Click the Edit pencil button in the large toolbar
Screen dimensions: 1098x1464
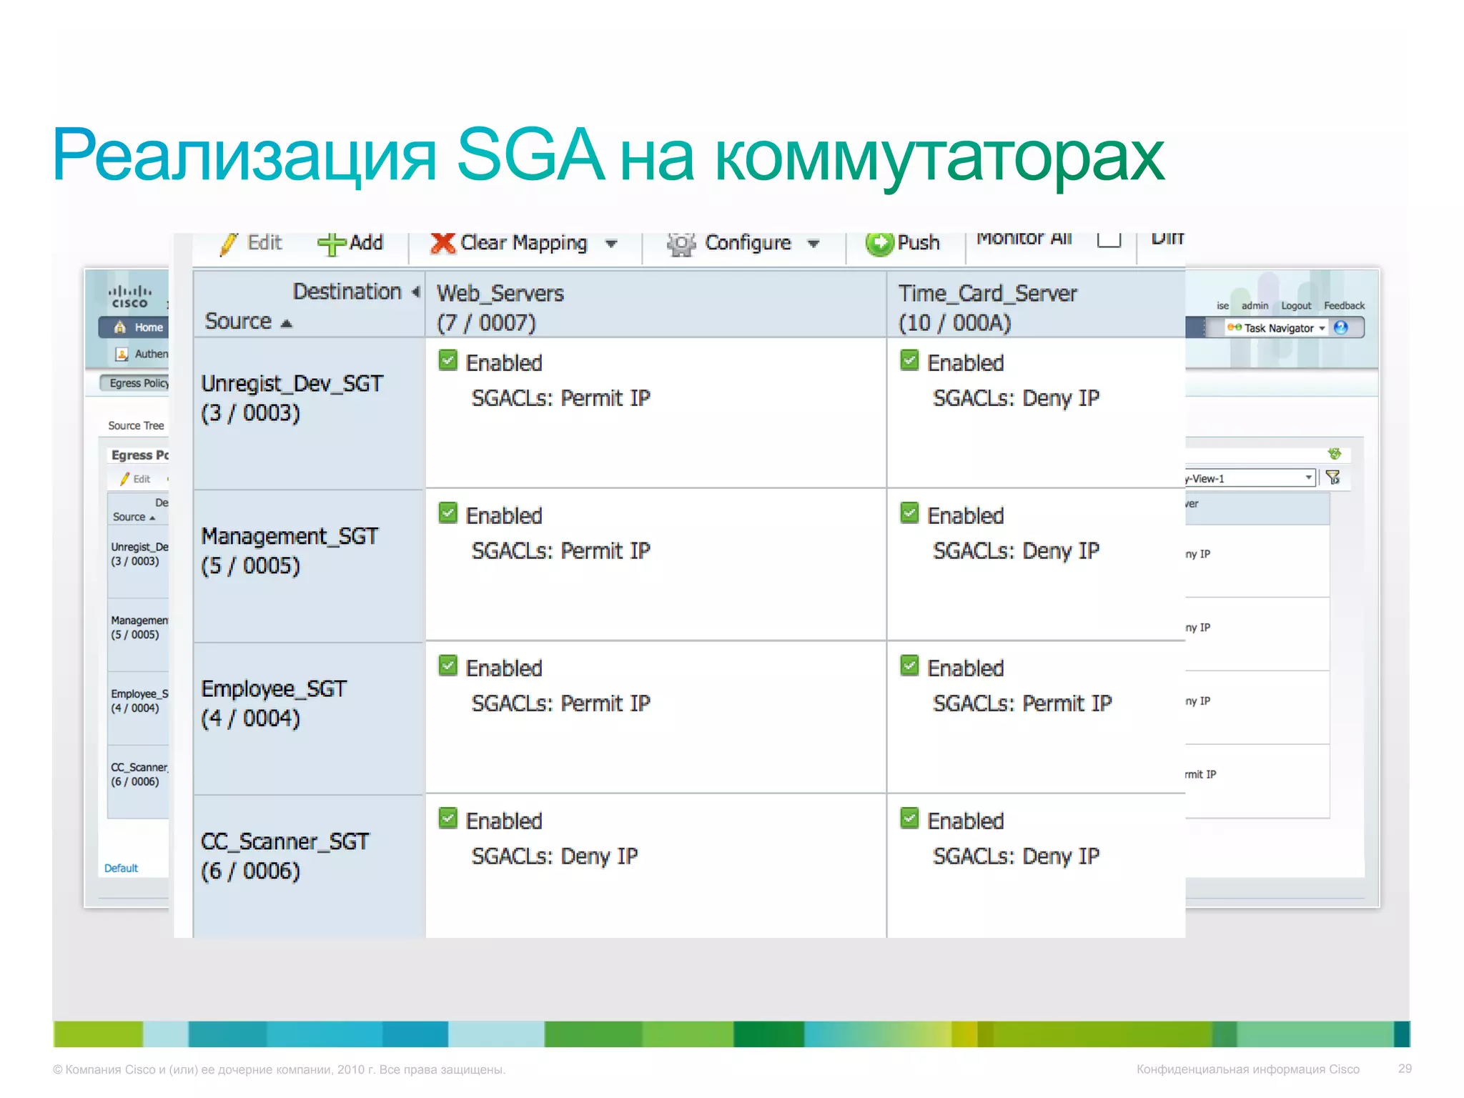pyautogui.click(x=252, y=244)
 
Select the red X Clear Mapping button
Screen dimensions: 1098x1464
pyautogui.click(x=509, y=244)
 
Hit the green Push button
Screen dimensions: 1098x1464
pyautogui.click(x=903, y=244)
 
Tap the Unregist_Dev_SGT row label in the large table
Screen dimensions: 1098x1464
pyautogui.click(x=292, y=398)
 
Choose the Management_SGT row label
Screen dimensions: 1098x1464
pyautogui.click(x=289, y=550)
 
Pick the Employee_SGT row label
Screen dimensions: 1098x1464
pyautogui.click(x=274, y=703)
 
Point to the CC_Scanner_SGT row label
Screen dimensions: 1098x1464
pyautogui.click(x=285, y=856)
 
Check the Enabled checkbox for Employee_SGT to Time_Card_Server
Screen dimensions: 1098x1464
pyautogui.click(x=909, y=666)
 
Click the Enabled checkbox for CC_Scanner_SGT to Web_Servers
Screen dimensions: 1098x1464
pyautogui.click(x=448, y=818)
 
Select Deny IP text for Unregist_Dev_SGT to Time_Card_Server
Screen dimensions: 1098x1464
pyautogui.click(x=1061, y=398)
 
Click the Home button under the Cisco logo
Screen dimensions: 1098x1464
pyautogui.click(x=140, y=327)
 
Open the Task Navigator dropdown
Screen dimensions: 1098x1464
pyautogui.click(x=1279, y=328)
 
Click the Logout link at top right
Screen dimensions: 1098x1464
pyautogui.click(x=1295, y=306)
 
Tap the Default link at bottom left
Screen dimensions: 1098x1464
pyautogui.click(x=121, y=868)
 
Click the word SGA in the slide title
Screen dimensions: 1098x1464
pyautogui.click(x=530, y=155)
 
